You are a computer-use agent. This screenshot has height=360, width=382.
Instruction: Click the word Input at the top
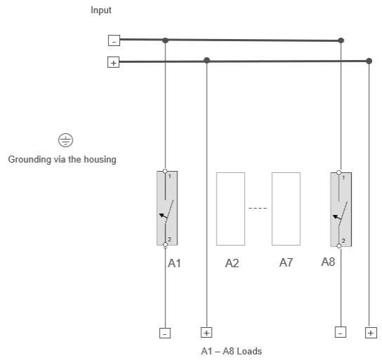pos(101,10)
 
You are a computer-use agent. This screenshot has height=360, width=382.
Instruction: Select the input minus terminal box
pos(114,40)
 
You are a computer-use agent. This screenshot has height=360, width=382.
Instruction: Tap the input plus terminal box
pos(114,62)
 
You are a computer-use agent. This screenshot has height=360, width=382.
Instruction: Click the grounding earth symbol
pos(66,140)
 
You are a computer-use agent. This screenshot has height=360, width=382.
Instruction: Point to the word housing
pos(100,160)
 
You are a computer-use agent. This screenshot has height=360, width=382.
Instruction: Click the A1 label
pos(175,263)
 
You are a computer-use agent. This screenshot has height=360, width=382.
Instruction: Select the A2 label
pos(232,263)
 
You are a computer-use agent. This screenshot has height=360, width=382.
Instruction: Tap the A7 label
pos(286,262)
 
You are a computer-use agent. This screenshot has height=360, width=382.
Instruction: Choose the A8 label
pos(328,262)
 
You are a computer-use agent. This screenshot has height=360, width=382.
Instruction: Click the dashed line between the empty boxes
pos(258,209)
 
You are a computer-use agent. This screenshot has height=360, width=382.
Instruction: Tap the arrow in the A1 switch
pos(163,216)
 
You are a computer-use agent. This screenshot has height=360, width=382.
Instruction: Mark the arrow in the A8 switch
pos(337,217)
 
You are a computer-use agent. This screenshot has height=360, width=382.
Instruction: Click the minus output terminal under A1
pos(165,333)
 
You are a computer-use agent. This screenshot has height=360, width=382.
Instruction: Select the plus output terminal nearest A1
pos(206,333)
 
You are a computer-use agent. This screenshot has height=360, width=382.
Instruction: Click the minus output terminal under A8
pos(341,332)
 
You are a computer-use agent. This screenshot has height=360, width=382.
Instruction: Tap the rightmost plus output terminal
pos(371,333)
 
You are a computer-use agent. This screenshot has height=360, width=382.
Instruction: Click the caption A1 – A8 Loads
pos(231,351)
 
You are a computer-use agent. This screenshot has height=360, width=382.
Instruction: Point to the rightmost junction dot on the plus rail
pos(369,61)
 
